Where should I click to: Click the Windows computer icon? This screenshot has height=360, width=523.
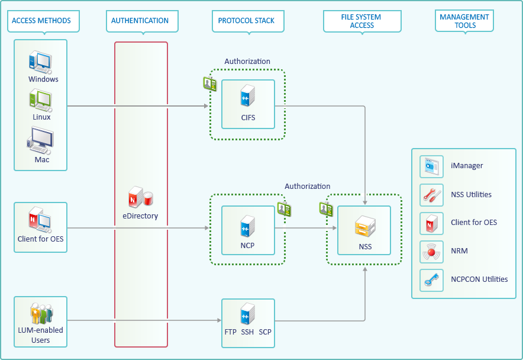pyautogui.click(x=40, y=62)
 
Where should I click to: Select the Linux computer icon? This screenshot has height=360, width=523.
pyautogui.click(x=40, y=99)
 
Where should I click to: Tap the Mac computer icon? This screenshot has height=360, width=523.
pyautogui.click(x=40, y=142)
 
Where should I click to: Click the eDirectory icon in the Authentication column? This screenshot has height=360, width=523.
pyautogui.click(x=140, y=198)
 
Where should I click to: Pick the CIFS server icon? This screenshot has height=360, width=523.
pyautogui.click(x=248, y=97)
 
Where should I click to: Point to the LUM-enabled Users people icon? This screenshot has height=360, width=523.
pyautogui.click(x=41, y=313)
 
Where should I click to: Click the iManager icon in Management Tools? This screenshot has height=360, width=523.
pyautogui.click(x=431, y=166)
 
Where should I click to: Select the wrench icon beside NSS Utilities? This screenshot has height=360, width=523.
pyautogui.click(x=431, y=194)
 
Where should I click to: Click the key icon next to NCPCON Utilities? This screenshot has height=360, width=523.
pyautogui.click(x=431, y=279)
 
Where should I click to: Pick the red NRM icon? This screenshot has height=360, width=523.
pyautogui.click(x=431, y=251)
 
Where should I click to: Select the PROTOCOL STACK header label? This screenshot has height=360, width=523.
pyautogui.click(x=246, y=21)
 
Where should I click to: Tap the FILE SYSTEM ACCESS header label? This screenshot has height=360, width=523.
pyautogui.click(x=362, y=21)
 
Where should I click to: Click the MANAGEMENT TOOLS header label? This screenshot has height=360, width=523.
pyautogui.click(x=464, y=21)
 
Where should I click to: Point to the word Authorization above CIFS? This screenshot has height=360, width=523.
pyautogui.click(x=247, y=62)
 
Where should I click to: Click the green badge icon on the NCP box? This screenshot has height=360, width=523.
pyautogui.click(x=284, y=208)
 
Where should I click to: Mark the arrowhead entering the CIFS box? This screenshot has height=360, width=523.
pyautogui.click(x=206, y=107)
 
